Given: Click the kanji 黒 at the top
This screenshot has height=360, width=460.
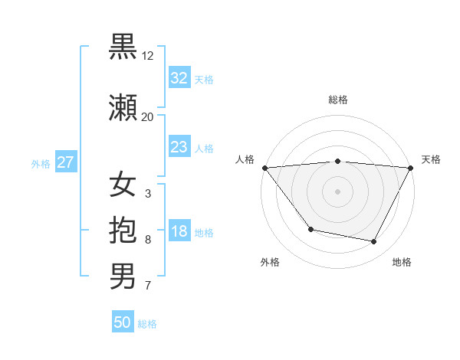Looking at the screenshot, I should point(123,47).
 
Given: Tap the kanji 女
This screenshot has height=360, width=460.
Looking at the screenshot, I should point(123,185).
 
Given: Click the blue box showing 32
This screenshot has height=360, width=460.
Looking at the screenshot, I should point(179,78).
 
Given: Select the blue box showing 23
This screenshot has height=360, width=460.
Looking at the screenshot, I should point(179,147).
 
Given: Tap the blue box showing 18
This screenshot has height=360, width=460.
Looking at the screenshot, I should point(179,232).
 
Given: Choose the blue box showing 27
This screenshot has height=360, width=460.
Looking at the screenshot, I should point(66,162).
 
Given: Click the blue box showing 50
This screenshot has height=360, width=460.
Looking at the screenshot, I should point(123,322).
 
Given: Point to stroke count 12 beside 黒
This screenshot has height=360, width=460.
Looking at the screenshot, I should point(148,56).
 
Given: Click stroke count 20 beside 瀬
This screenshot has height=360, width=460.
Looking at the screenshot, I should point(148,117).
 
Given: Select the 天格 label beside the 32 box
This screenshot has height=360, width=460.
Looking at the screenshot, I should point(204,80).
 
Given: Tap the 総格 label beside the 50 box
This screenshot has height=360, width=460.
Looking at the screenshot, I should point(147,324).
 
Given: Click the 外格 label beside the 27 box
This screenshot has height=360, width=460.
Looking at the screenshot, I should point(41,164).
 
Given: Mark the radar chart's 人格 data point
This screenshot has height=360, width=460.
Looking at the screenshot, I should point(264,168).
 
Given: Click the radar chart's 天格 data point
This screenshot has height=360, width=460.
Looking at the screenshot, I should point(411,168).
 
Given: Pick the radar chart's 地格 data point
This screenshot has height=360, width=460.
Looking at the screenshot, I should point(374,242).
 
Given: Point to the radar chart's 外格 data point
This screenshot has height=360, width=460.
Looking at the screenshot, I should point(310,229).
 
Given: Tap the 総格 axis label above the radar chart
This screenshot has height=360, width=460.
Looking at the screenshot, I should point(337,100).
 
